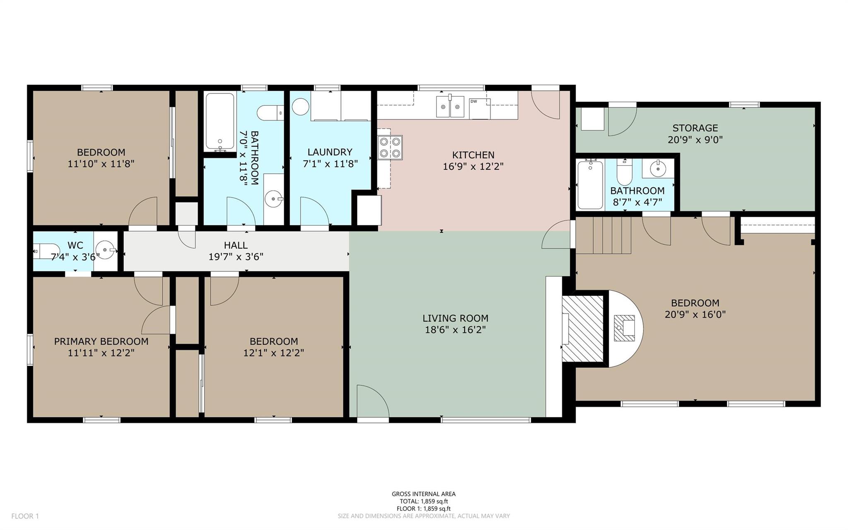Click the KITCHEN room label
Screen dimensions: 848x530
pyautogui.click(x=473, y=155)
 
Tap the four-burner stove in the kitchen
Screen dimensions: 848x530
pyautogui.click(x=390, y=148)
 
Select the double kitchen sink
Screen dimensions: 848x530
pyautogui.click(x=450, y=106)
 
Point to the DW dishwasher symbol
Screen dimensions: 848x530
pyautogui.click(x=479, y=109)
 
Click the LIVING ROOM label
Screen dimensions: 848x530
pyautogui.click(x=455, y=318)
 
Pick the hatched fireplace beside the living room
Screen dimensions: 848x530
pyautogui.click(x=583, y=328)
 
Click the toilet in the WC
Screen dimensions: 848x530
pyautogui.click(x=41, y=251)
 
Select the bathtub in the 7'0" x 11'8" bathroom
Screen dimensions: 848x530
pyautogui.click(x=219, y=122)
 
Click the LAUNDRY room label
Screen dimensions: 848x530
pyautogui.click(x=330, y=152)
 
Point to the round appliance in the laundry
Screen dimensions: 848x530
pyautogui.click(x=301, y=106)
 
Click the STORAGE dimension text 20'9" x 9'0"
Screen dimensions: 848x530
pyautogui.click(x=695, y=140)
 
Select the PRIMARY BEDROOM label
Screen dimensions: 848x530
pyautogui.click(x=101, y=341)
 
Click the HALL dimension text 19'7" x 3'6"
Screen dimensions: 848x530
pyautogui.click(x=236, y=257)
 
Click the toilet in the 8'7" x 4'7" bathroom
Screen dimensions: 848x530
pyautogui.click(x=624, y=172)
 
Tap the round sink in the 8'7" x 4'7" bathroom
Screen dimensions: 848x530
pyautogui.click(x=658, y=168)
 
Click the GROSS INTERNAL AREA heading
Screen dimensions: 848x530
pyautogui.click(x=424, y=494)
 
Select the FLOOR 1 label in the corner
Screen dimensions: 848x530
pyautogui.click(x=25, y=516)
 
